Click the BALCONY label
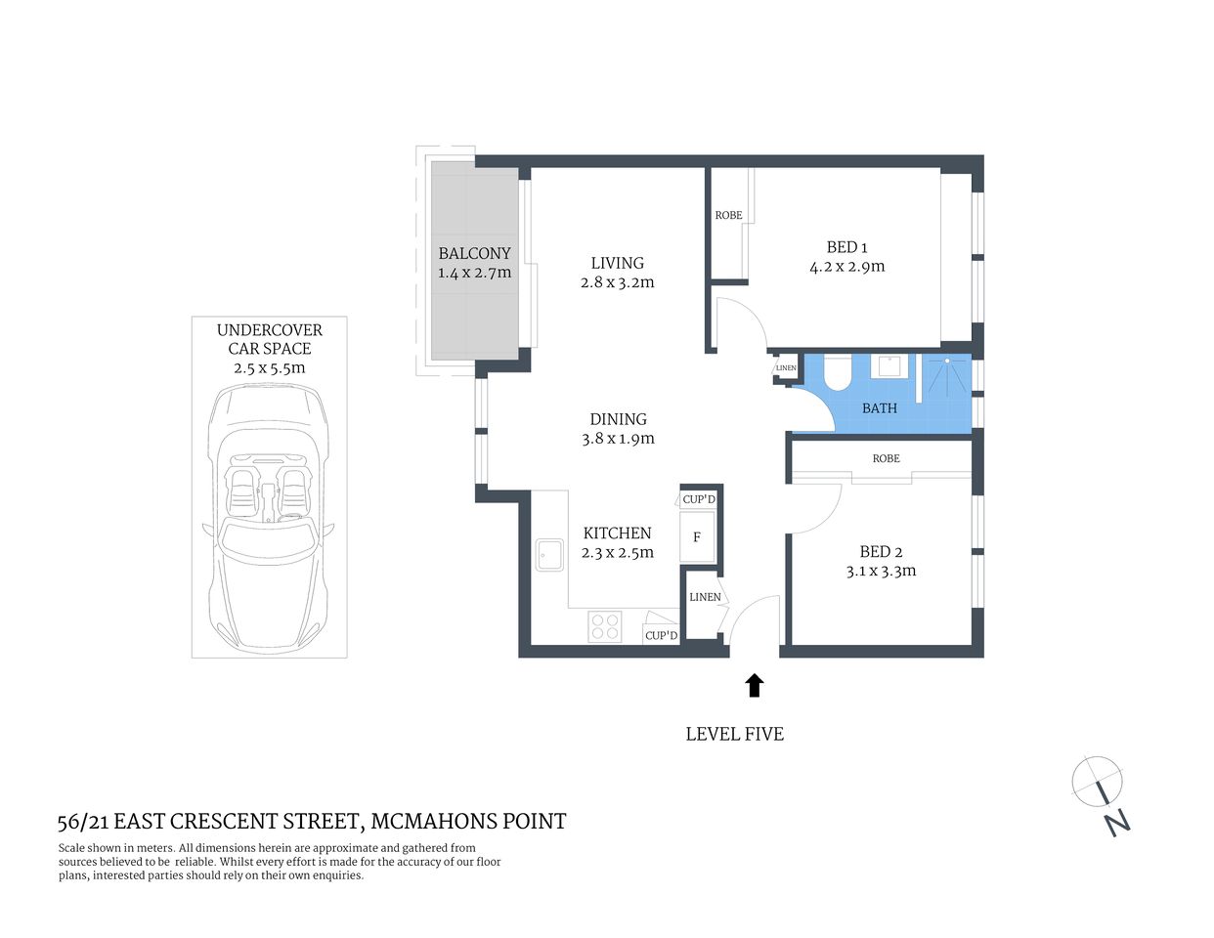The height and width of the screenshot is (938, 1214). tap(474, 253)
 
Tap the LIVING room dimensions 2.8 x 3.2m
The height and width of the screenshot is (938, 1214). tap(617, 282)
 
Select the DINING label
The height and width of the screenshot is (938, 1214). tap(618, 419)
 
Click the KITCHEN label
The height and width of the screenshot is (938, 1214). tap(617, 533)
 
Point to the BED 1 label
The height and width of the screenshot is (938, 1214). tap(846, 247)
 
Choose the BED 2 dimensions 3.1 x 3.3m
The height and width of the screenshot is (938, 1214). tap(881, 572)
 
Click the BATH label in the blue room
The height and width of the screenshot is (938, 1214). tap(879, 408)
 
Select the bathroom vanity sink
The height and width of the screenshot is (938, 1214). tap(889, 366)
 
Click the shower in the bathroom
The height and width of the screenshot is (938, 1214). tap(946, 376)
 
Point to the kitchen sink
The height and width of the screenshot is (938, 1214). tap(547, 555)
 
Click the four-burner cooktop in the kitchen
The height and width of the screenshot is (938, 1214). tap(605, 625)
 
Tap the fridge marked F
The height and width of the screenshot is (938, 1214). tap(697, 537)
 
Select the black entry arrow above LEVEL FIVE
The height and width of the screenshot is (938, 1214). tap(754, 685)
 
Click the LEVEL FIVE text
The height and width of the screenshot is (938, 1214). tap(734, 734)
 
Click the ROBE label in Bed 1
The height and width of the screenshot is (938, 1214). tap(728, 215)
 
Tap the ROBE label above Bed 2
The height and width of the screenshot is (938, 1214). tap(886, 458)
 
